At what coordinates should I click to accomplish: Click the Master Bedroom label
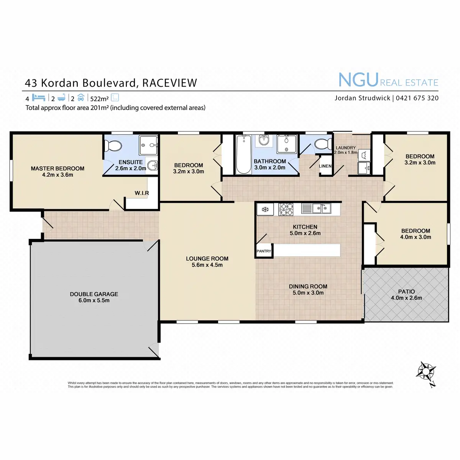click(x=58, y=168)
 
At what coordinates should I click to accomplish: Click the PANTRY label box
click(x=264, y=251)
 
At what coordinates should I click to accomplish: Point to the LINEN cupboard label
click(x=325, y=166)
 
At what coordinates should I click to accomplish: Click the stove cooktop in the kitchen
click(x=286, y=209)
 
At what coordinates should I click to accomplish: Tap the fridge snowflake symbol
click(x=265, y=209)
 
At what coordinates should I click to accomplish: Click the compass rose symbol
click(x=426, y=371)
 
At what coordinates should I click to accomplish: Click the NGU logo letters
click(x=358, y=80)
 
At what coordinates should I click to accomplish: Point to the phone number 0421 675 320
click(x=417, y=98)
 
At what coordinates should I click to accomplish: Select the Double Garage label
click(x=94, y=294)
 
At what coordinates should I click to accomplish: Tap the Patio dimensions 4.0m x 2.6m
click(x=406, y=298)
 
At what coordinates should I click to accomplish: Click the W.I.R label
click(x=142, y=193)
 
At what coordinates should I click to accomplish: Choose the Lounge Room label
click(x=207, y=259)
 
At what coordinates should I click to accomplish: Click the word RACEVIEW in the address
click(x=169, y=83)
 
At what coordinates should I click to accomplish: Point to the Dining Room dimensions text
click(x=308, y=293)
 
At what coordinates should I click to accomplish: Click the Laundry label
click(x=345, y=148)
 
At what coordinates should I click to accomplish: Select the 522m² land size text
click(x=99, y=99)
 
